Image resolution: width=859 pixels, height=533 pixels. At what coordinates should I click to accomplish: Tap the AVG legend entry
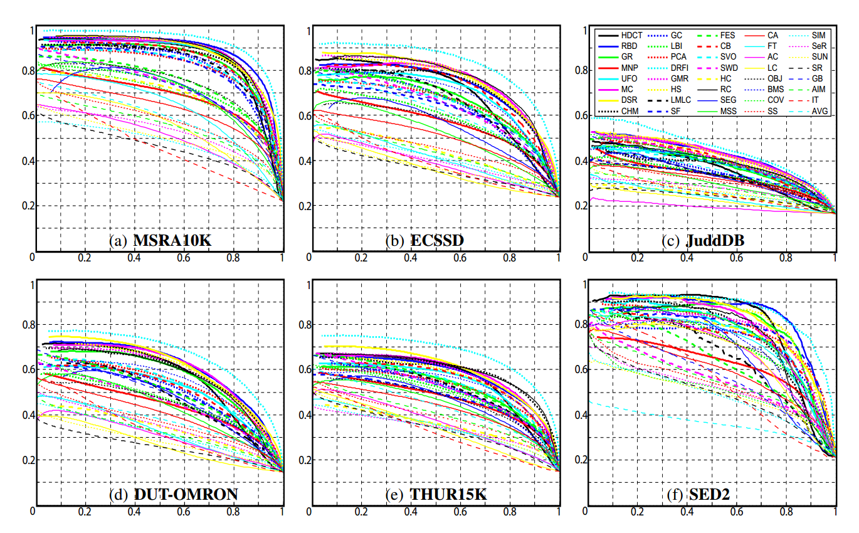pos(820,112)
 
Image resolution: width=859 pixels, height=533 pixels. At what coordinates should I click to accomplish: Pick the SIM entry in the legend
pos(819,35)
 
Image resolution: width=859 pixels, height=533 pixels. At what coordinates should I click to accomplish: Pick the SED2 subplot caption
pos(706,495)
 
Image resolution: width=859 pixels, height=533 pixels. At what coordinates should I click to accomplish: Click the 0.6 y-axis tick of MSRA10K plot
pos(26,115)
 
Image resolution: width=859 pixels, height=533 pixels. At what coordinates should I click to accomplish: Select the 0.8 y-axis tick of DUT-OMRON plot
pos(26,325)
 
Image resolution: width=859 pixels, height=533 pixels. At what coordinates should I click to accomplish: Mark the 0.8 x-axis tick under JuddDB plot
pos(786,258)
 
